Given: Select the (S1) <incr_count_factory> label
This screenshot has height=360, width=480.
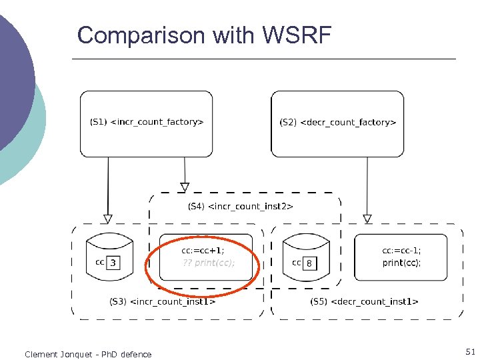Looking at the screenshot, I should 147,122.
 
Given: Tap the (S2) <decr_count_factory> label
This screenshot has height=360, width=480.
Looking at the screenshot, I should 338,122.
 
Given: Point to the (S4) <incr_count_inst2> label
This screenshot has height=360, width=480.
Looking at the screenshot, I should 240,206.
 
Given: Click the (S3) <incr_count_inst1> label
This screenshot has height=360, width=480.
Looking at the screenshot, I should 162,301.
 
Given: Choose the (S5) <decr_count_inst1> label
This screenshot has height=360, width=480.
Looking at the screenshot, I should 364,301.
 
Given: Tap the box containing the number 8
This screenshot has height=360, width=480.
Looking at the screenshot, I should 309,263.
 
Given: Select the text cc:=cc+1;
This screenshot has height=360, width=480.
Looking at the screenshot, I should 203,251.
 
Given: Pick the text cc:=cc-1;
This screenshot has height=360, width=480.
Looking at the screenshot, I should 401,251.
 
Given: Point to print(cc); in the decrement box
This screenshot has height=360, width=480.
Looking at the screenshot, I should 401,263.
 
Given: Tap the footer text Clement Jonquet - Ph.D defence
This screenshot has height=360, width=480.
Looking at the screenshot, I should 88,354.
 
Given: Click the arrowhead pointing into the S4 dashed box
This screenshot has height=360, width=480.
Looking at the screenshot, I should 185,187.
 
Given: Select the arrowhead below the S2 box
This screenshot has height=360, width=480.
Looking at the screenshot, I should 367,218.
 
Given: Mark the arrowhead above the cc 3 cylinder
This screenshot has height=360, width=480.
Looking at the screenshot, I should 108,218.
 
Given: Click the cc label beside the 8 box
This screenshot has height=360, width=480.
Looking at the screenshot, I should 297,263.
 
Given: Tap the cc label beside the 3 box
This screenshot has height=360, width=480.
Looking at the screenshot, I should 100,262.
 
